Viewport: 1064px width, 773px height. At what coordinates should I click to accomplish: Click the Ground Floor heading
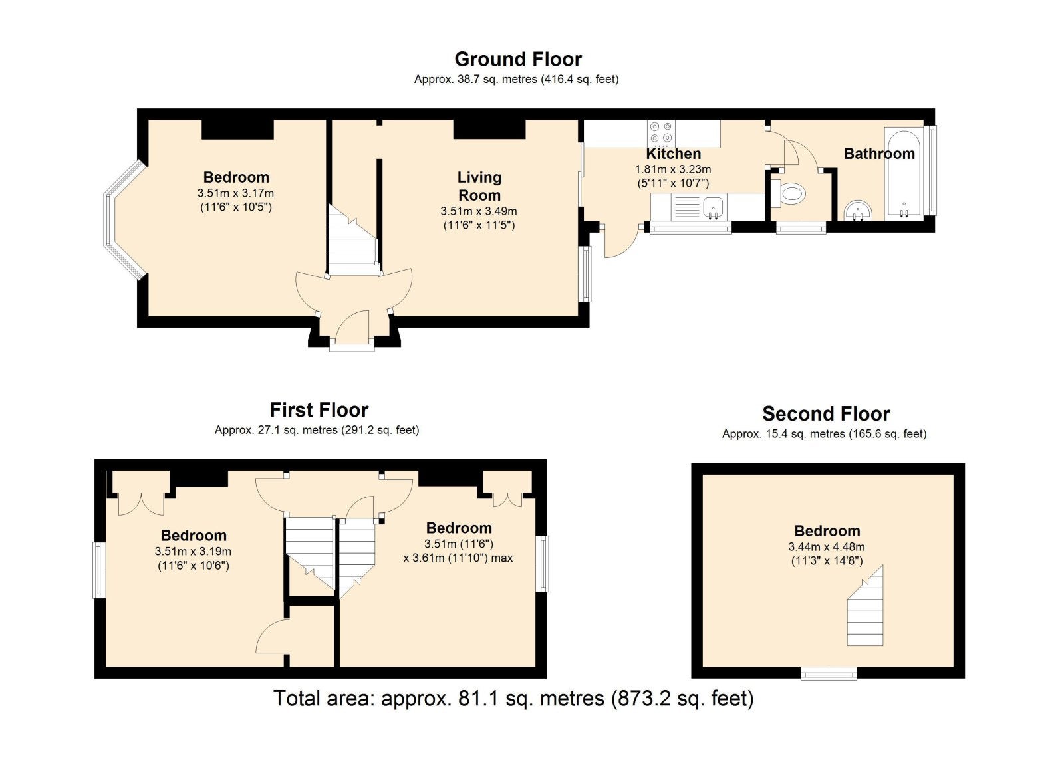[x=518, y=59]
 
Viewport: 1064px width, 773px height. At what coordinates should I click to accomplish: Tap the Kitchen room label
[x=673, y=154]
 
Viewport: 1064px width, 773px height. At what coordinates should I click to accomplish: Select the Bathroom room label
[x=879, y=154]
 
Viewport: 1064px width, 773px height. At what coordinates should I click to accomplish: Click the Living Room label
[x=479, y=186]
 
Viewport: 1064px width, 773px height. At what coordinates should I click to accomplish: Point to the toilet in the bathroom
[x=789, y=193]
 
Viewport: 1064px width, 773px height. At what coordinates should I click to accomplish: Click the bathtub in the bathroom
[x=904, y=175]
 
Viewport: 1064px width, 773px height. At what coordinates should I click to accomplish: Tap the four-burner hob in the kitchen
[x=661, y=132]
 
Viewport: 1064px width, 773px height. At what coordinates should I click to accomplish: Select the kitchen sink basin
[x=713, y=208]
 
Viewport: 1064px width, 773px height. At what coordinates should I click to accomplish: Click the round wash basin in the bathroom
[x=859, y=211]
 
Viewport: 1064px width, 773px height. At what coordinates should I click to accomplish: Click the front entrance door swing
[x=352, y=326]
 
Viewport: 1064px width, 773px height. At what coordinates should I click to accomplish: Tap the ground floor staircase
[x=352, y=240]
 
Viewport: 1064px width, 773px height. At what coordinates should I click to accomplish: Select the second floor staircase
[x=865, y=606]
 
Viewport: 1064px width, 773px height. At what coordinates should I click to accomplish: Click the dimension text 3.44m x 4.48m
[x=827, y=546]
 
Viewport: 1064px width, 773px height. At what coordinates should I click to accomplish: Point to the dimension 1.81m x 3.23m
[x=673, y=169]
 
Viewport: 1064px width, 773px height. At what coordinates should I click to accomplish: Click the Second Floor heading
[x=826, y=414]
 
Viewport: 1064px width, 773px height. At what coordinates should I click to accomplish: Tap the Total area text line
[x=513, y=699]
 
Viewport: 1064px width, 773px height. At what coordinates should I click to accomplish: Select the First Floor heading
[x=319, y=410]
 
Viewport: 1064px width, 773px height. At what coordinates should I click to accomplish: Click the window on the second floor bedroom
[x=829, y=673]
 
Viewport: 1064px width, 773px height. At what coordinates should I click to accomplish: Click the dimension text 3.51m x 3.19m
[x=193, y=552]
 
